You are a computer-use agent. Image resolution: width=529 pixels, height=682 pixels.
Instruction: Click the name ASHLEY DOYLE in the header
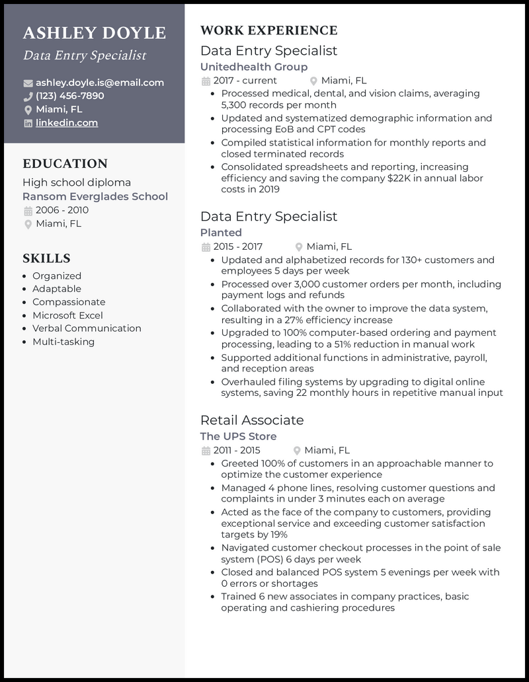[94, 33]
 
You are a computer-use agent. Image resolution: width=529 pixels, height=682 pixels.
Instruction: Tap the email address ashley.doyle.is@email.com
[100, 83]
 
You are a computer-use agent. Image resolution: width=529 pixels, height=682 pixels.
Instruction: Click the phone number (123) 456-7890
[69, 96]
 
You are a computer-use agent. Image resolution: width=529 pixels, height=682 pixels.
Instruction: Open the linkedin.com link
[67, 123]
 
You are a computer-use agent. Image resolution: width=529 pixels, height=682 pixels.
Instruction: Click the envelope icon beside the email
[28, 83]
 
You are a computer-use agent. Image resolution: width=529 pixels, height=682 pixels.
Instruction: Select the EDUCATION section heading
[65, 164]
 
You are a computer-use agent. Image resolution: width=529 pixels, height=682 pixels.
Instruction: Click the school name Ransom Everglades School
[95, 196]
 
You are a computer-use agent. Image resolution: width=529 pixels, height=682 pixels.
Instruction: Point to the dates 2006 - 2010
[62, 210]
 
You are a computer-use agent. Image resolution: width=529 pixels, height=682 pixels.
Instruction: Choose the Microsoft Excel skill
[67, 315]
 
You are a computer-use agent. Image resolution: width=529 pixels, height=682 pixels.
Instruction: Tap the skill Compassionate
[69, 302]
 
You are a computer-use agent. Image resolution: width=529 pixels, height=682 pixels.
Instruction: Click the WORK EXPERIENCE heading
[268, 30]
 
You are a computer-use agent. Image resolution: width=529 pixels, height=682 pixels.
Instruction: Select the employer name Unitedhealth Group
[253, 67]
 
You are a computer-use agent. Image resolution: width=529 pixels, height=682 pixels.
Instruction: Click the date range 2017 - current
[245, 81]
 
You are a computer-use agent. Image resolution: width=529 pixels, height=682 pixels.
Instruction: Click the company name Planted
[221, 233]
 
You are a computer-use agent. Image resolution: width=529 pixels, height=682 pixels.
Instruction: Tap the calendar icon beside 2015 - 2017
[205, 247]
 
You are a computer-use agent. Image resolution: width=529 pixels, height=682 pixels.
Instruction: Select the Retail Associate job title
[251, 420]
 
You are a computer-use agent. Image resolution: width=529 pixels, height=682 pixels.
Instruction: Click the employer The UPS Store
[238, 436]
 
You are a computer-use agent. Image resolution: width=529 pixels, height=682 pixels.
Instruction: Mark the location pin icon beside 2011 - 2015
[298, 451]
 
